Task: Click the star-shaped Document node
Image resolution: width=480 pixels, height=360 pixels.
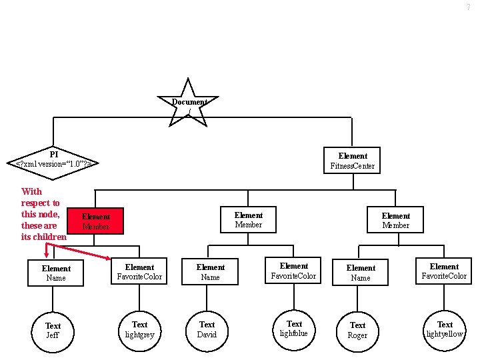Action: (189, 103)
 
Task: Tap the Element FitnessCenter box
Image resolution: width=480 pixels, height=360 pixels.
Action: (353, 161)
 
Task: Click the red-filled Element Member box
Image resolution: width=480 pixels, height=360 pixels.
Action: (95, 221)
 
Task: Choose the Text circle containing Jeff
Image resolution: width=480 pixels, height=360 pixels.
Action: (53, 331)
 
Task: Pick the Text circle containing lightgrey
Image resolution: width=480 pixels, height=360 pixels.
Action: (139, 329)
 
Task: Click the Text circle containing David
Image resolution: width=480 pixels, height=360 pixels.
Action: (207, 329)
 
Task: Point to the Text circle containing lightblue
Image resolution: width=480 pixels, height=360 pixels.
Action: (294, 329)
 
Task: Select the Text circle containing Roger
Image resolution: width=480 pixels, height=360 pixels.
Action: (358, 331)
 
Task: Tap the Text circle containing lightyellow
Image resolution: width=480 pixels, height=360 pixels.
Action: (445, 329)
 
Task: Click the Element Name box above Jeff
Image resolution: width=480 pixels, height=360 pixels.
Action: (56, 273)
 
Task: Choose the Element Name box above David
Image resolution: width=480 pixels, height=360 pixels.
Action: (210, 272)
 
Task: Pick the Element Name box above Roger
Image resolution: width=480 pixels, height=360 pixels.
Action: (361, 273)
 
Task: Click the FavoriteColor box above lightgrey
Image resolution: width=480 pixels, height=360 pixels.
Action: (139, 272)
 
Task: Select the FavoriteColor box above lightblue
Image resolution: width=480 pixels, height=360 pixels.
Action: (294, 271)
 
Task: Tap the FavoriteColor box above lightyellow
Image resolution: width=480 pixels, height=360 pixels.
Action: (444, 271)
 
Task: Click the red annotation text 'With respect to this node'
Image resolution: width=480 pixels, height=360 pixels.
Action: (43, 214)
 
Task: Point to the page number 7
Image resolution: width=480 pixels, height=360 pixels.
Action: (468, 7)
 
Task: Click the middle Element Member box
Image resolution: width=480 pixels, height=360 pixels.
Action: (249, 220)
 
